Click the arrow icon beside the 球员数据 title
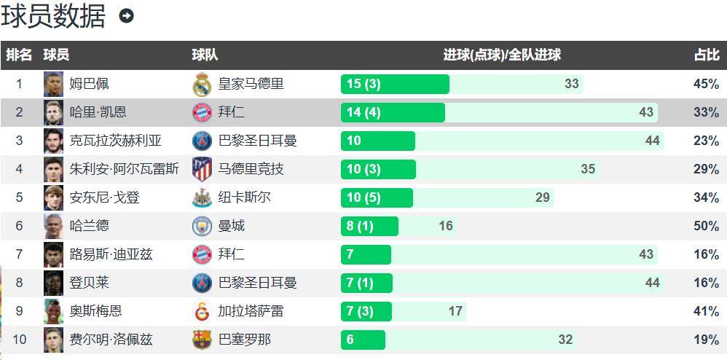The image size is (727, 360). coord(126,16)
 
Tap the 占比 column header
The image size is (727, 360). coord(706,55)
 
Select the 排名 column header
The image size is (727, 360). coord(19,55)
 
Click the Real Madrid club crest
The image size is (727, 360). coord(202,84)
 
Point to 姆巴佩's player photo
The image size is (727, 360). coord(53,84)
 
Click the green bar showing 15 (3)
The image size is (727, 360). coord(395,84)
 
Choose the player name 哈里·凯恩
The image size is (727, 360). coord(98,112)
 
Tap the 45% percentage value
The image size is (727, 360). coord(706,84)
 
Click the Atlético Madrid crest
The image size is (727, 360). coord(202,169)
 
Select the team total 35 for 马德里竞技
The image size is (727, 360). coord(588,169)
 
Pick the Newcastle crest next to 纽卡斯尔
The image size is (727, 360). coord(202,197)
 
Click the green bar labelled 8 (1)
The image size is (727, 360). coord(369,226)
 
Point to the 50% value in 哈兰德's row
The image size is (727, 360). coord(706,226)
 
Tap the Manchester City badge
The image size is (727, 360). coord(202,226)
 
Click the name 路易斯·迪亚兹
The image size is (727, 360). coord(111,254)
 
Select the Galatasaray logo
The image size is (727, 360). coord(202,311)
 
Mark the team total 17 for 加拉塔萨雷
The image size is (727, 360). coord(455,311)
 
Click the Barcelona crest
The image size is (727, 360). coord(202,340)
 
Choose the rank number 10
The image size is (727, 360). coord(19,339)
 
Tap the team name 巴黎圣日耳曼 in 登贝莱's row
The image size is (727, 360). coord(257,283)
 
